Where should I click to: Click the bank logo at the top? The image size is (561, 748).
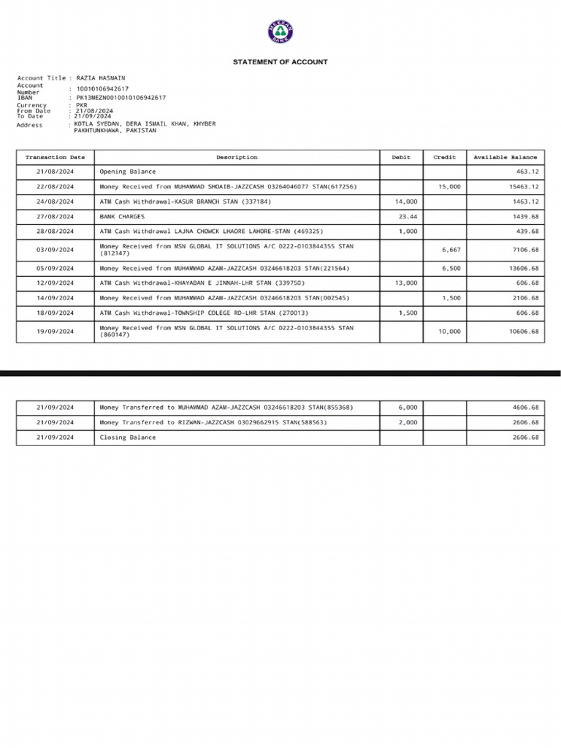pyautogui.click(x=280, y=34)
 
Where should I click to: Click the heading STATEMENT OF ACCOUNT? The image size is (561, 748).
pyautogui.click(x=280, y=62)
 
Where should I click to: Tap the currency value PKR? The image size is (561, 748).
pyautogui.click(x=82, y=105)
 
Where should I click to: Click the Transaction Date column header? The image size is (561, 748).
pyautogui.click(x=56, y=157)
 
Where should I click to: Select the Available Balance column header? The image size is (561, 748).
pyautogui.click(x=505, y=157)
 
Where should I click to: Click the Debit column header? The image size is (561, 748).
pyautogui.click(x=401, y=157)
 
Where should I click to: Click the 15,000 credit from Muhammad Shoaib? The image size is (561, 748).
pyautogui.click(x=449, y=187)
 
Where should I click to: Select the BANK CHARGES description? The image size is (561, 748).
pyautogui.click(x=122, y=217)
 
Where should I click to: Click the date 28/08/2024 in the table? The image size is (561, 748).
pyautogui.click(x=56, y=232)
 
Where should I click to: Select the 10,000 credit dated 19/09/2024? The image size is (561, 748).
pyautogui.click(x=449, y=332)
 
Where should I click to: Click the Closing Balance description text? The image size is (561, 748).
pyautogui.click(x=128, y=438)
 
